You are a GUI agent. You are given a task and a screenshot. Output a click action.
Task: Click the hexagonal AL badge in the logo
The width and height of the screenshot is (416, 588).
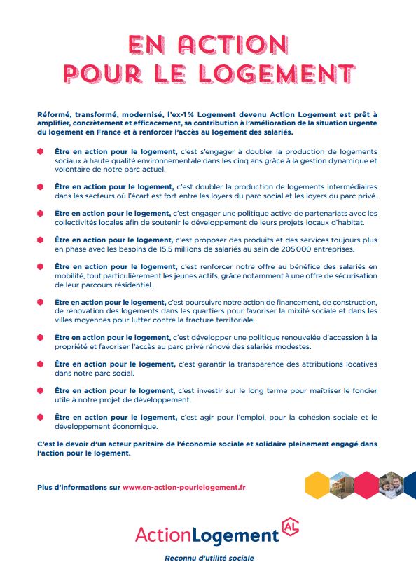click(x=289, y=527)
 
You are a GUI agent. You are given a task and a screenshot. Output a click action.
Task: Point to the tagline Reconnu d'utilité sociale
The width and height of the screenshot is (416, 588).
click(x=209, y=559)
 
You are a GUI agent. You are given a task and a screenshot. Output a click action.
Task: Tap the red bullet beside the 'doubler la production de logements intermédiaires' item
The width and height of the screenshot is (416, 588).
click(x=41, y=186)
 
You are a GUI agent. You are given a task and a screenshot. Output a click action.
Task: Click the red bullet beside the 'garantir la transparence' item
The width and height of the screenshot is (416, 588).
click(x=41, y=364)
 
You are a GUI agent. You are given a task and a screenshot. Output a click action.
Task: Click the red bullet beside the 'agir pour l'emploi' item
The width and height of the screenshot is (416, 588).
click(x=41, y=417)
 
